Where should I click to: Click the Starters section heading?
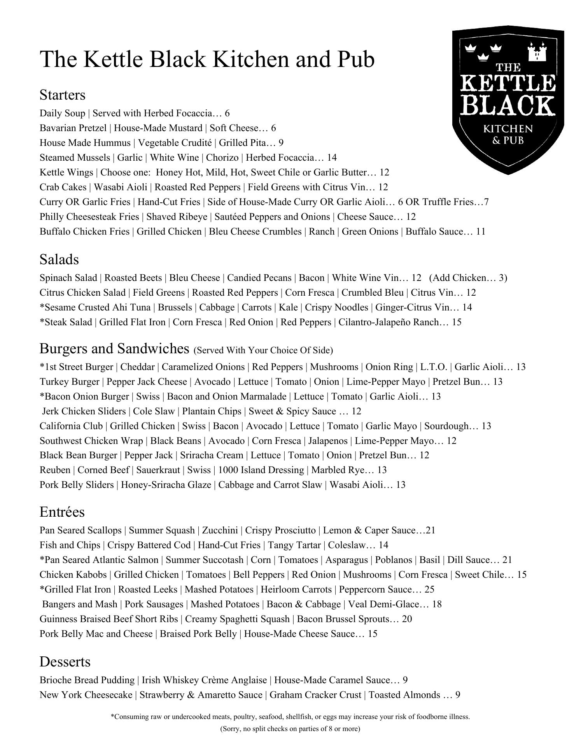62,95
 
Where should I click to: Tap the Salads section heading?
59,260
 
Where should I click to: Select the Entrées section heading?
62,512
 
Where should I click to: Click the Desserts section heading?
65,662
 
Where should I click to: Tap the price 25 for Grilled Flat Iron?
429,589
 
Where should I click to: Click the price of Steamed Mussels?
332,158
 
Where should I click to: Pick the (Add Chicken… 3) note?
468,278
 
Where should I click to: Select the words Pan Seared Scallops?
80,530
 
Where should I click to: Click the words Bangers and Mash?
80,604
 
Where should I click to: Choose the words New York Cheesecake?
86,695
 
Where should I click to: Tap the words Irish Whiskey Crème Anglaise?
204,680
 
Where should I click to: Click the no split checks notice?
290,729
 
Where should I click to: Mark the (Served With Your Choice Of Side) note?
263,350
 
